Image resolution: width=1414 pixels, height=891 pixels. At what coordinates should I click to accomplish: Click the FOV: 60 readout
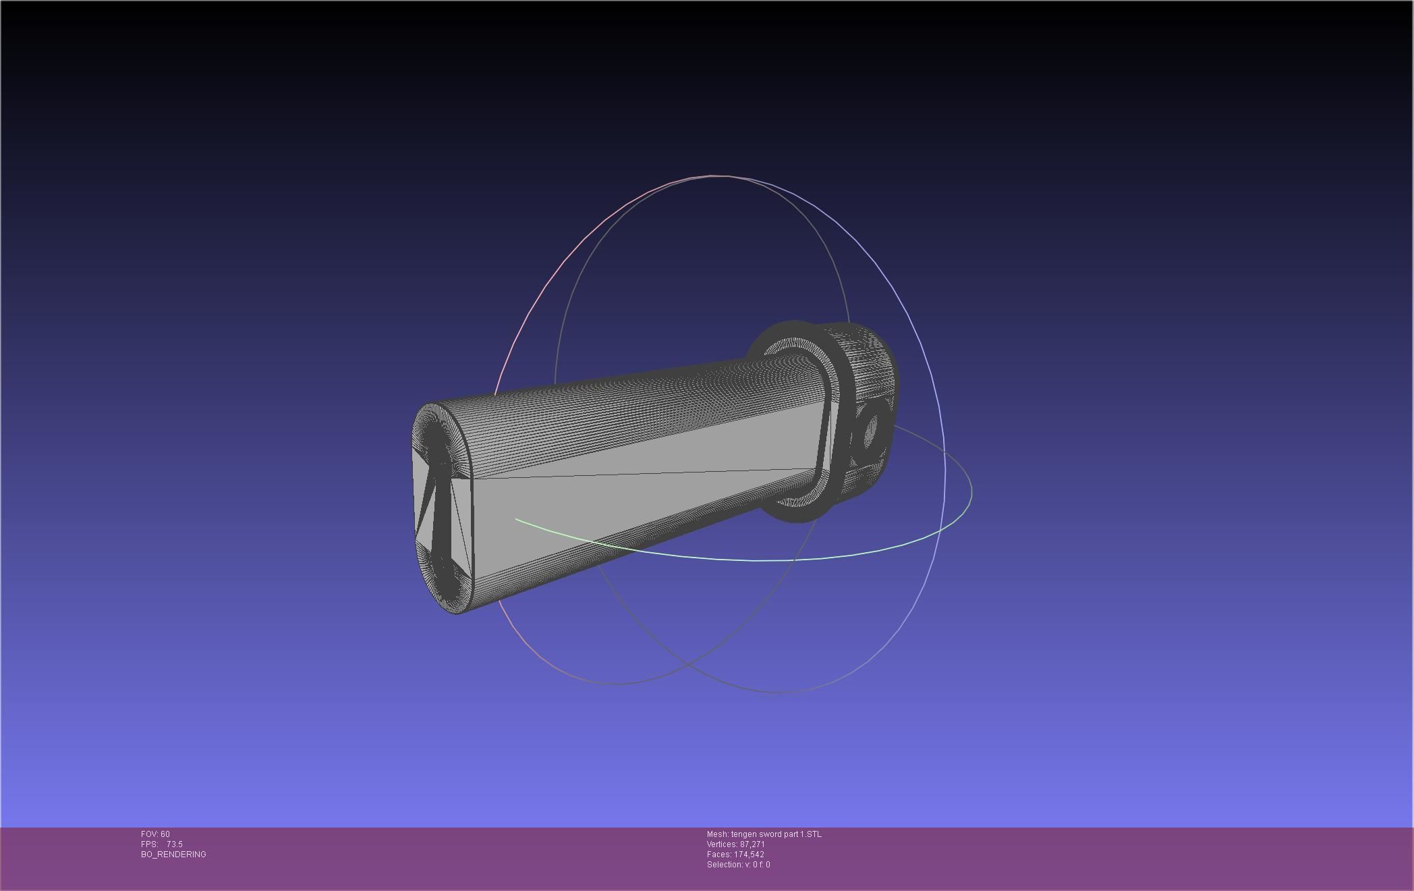(155, 834)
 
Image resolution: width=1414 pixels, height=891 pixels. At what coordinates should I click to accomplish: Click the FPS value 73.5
(174, 844)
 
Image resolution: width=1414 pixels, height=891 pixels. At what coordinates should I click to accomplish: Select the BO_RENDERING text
(173, 855)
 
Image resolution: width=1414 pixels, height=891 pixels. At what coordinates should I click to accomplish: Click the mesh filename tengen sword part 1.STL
(776, 834)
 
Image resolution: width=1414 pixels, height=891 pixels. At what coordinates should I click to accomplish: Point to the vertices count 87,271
(752, 844)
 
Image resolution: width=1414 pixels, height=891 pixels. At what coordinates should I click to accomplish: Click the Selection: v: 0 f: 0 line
(738, 865)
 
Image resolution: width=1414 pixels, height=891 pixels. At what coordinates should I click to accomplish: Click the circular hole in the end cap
(870, 430)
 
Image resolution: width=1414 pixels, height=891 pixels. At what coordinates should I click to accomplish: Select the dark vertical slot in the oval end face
(439, 513)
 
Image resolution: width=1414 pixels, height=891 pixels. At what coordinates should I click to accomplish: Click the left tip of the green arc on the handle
(517, 520)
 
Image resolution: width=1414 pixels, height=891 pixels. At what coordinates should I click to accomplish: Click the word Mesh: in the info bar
(717, 834)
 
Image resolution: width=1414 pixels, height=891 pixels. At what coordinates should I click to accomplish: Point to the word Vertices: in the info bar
(722, 844)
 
